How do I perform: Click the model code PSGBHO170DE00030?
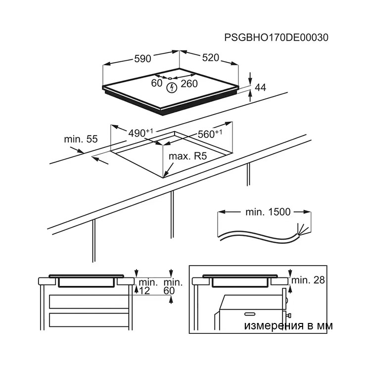click(276, 38)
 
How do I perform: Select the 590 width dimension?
click(142, 58)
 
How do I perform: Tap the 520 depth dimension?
click(211, 58)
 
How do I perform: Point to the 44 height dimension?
click(260, 88)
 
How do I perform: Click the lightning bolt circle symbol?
click(172, 88)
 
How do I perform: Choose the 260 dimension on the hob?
click(189, 84)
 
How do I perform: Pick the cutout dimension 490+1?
click(141, 133)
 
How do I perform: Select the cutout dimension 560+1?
click(210, 134)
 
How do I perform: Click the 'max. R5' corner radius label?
click(187, 156)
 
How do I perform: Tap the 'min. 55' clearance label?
click(81, 139)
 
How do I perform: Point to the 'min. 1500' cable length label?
click(268, 212)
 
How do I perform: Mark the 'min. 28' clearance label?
click(308, 280)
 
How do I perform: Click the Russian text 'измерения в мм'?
click(288, 325)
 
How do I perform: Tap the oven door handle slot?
click(250, 314)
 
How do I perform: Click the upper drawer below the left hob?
click(89, 302)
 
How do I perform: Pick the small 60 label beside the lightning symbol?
click(157, 83)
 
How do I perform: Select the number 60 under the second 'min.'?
click(169, 291)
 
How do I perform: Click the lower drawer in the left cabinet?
click(89, 320)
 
